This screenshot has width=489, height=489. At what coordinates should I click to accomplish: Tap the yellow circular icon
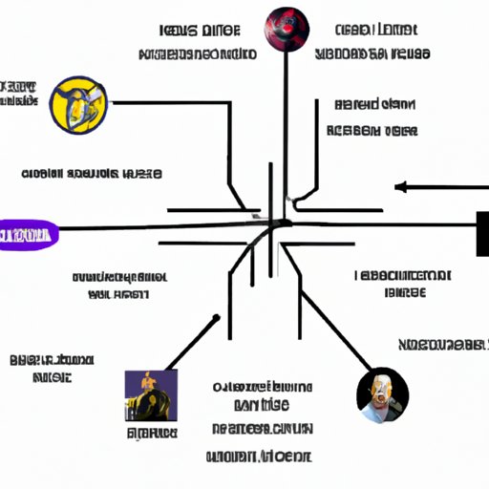[x=79, y=104]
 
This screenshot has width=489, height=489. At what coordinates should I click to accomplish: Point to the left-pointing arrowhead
[x=400, y=186]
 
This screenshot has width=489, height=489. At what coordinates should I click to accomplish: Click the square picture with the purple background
[x=150, y=394]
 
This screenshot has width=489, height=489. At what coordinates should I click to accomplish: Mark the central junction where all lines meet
[x=272, y=225]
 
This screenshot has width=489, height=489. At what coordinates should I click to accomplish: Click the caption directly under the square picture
[x=151, y=434]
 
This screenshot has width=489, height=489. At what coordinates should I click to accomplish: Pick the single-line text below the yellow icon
[x=92, y=175]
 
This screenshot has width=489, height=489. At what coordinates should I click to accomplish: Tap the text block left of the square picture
[x=53, y=369]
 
